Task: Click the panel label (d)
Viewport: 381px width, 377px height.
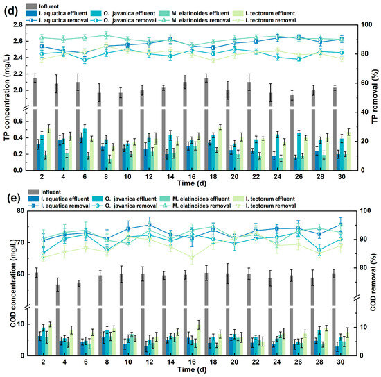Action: point(11,11)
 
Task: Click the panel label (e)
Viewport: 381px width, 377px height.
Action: point(11,199)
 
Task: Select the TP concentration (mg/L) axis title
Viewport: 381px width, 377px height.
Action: point(8,97)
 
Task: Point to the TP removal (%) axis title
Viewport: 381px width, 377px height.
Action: point(375,97)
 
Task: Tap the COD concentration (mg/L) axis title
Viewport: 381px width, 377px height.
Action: point(13,283)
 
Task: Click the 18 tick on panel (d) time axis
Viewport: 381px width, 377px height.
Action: point(213,176)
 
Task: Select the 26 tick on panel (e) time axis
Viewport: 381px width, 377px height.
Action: point(298,362)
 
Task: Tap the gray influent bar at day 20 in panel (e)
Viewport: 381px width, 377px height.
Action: point(228,315)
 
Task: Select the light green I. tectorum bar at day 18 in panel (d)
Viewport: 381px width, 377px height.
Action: point(220,149)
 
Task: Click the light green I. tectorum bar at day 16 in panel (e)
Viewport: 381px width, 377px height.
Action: point(199,340)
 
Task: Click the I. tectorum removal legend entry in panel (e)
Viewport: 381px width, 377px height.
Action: point(265,206)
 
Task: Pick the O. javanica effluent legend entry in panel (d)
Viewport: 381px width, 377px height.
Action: point(123,13)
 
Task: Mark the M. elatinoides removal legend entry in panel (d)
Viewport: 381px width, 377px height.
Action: point(195,20)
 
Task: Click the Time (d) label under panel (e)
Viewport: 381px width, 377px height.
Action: point(192,369)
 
